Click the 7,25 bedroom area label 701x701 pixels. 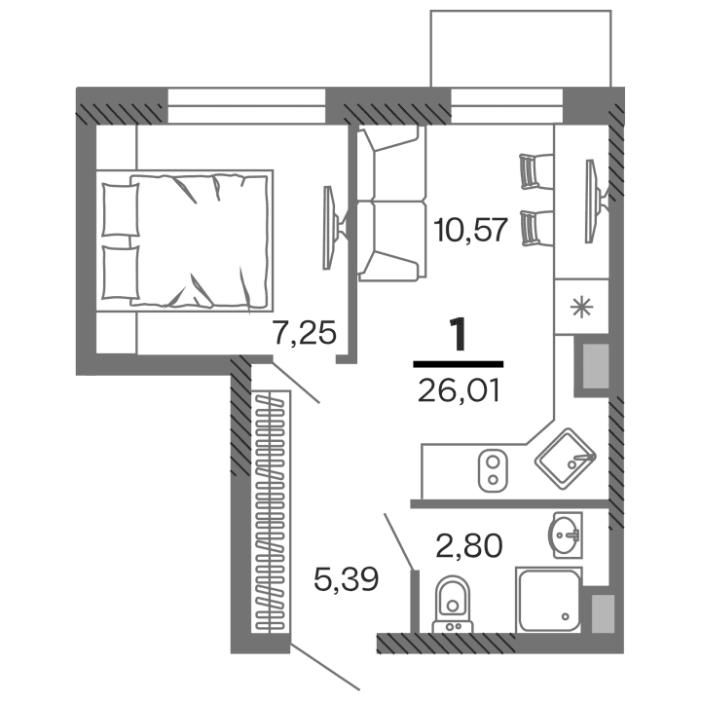pyautogui.click(x=305, y=334)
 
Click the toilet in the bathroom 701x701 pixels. pyautogui.click(x=450, y=598)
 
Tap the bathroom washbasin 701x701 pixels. pyautogui.click(x=565, y=535)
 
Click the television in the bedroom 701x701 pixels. pyautogui.click(x=332, y=227)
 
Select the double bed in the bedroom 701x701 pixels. pyautogui.click(x=185, y=238)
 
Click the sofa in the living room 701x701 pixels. pyautogui.click(x=391, y=203)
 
